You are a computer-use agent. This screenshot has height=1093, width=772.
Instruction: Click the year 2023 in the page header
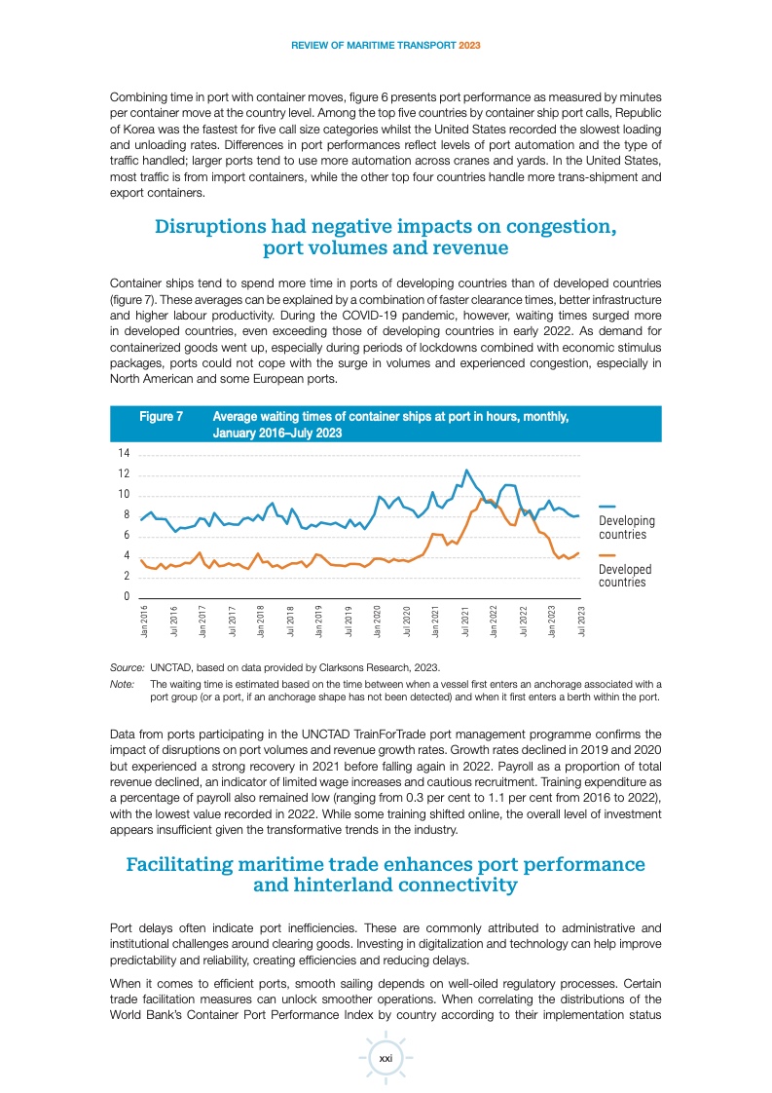[x=469, y=45]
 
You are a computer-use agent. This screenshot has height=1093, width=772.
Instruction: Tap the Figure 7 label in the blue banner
[x=162, y=416]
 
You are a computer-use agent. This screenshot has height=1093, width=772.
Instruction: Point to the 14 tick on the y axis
[x=124, y=454]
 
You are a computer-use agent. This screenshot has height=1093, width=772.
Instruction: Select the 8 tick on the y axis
[x=127, y=515]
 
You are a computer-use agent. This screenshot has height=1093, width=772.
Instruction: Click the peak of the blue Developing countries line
[x=466, y=471]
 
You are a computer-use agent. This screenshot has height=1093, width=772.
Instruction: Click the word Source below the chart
[x=128, y=667]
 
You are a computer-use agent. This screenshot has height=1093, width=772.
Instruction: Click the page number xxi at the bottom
[x=386, y=1058]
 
